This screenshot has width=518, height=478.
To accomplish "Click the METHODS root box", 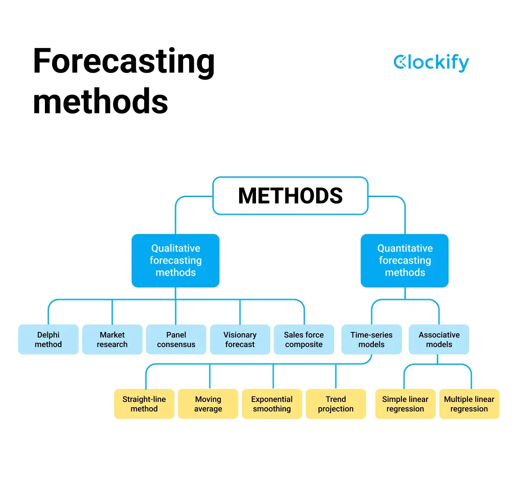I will click(290, 196).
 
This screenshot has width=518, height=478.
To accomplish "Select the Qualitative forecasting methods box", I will click(175, 261).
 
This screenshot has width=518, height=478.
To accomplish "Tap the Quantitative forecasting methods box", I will click(404, 261).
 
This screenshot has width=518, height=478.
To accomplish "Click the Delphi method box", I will click(48, 340).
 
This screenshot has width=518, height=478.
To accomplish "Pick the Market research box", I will click(112, 340).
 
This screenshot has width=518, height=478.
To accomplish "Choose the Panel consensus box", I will click(176, 340).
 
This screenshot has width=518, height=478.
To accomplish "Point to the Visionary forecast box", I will click(240, 340).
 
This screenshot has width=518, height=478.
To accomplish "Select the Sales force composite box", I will click(304, 340).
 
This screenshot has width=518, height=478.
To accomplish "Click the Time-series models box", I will click(371, 340).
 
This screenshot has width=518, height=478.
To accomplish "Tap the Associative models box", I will click(439, 340).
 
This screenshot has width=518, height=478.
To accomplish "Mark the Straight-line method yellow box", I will click(144, 404).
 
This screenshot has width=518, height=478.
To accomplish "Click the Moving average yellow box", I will click(208, 404).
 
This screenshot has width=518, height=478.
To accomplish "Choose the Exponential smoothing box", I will click(272, 404).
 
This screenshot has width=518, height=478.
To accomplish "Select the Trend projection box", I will click(336, 404).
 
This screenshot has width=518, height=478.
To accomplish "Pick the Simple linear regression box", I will click(405, 404).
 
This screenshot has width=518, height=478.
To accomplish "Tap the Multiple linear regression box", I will click(469, 404).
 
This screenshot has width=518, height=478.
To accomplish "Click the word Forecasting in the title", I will click(123, 62).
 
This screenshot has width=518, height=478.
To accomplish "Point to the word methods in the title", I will click(100, 102).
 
